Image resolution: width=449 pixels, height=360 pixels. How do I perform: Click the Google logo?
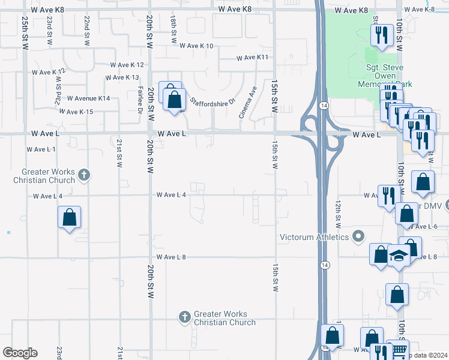20,353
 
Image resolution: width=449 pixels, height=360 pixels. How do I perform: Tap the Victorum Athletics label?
314,237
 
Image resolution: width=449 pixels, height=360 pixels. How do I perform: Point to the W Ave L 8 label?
171,257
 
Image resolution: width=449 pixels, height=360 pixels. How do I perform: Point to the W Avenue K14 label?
88,98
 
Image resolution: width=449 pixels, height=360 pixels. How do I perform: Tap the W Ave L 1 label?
41,149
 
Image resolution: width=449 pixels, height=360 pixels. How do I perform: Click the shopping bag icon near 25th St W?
69,217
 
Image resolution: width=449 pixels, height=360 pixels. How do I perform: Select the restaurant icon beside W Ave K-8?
381,37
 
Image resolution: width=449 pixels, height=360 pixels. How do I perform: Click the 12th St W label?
339,215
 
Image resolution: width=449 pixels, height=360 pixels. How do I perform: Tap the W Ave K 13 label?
122,78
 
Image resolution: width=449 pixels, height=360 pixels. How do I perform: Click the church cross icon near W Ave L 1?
84,175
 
